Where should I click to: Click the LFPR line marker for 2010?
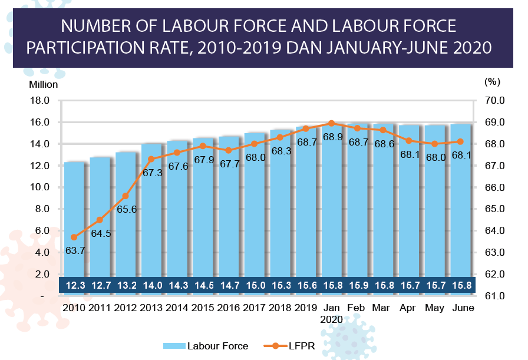tap(74, 237)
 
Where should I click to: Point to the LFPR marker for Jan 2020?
tap(331, 123)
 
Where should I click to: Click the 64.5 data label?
tap(100, 233)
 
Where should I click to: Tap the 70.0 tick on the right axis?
tap(494, 101)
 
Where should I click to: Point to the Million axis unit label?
tap(44, 84)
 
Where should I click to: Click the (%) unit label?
tap(491, 84)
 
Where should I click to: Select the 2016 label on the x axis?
tap(229, 308)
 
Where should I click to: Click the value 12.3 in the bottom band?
tap(75, 286)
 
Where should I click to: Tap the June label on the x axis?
tap(461, 308)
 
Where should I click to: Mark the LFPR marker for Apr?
tap(408, 141)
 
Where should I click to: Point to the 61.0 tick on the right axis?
tap(494, 296)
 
